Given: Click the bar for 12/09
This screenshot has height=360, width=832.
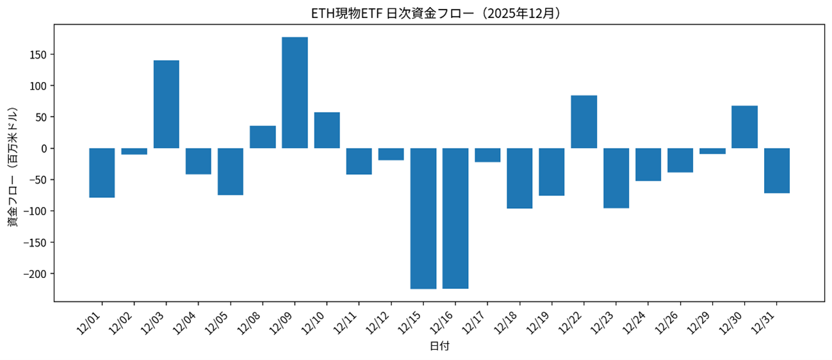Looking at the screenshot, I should (x=295, y=93).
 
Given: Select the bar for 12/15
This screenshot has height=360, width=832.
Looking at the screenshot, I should (x=423, y=218).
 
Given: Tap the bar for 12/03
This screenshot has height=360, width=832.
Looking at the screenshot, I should (x=167, y=104).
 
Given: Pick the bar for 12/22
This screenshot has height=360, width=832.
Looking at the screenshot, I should (x=584, y=122).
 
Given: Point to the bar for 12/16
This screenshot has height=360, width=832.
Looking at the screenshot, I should (x=455, y=218).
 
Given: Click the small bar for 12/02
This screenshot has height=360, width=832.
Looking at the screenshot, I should (x=135, y=151).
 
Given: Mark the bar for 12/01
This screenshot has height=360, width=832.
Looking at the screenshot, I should (x=102, y=173).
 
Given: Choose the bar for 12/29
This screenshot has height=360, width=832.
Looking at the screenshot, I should (x=712, y=151).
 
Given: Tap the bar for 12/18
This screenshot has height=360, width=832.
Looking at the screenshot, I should (x=519, y=178).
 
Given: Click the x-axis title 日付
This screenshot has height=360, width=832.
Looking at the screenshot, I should (x=439, y=347).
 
